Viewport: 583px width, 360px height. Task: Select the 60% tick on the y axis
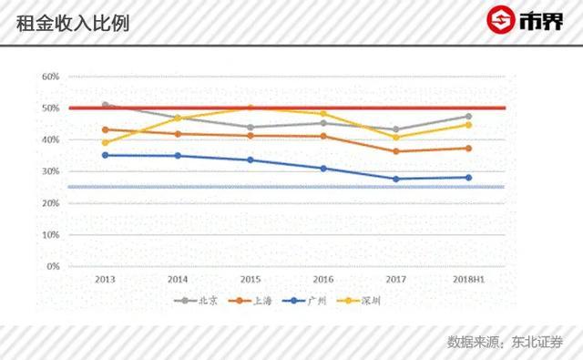tap(50, 77)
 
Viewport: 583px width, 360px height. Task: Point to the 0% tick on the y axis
tap(52, 266)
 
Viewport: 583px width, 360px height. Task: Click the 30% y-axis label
tap(50, 171)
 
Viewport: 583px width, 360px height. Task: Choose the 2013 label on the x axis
tap(105, 280)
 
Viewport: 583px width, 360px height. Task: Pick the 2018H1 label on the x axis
tap(468, 280)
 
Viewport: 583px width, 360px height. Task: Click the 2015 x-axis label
tap(251, 280)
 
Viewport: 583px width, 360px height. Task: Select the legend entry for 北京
tap(197, 300)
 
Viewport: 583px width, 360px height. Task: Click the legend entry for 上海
tap(250, 300)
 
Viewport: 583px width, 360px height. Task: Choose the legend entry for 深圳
tap(359, 300)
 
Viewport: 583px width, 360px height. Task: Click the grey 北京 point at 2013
tap(105, 105)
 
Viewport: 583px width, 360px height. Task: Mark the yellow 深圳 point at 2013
tap(105, 142)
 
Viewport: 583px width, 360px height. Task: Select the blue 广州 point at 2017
tap(395, 179)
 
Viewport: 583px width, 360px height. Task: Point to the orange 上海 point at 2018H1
tap(468, 148)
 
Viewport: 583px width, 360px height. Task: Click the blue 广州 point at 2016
tap(322, 168)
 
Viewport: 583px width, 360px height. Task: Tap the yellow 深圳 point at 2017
tap(395, 137)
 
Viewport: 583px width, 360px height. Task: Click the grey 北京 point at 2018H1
tap(468, 116)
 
